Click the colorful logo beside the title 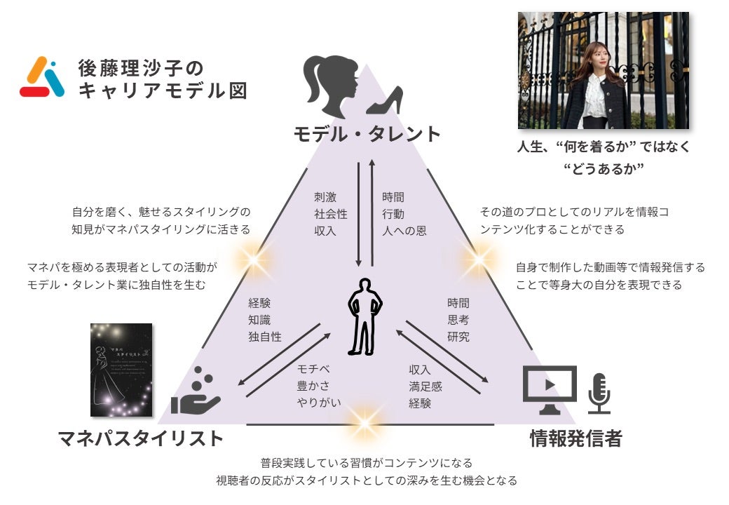coord(42,76)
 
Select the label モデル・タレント coord(367,134)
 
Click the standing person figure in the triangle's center coord(365,316)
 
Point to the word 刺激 coord(325,198)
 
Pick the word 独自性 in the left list coord(264,337)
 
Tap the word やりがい coord(319,403)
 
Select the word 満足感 coord(425,386)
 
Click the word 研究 coord(458,337)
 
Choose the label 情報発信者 coord(575,439)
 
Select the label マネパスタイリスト coord(140,439)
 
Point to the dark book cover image coord(122,370)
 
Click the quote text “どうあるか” coord(604,169)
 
